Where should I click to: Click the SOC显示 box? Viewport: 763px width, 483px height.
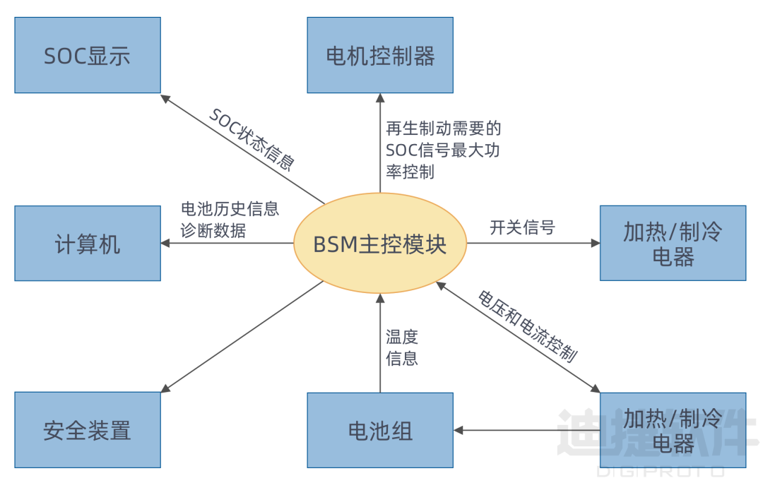click(x=88, y=56)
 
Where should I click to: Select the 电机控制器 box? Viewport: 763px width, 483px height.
click(x=380, y=56)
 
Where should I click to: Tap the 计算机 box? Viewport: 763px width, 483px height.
click(x=88, y=244)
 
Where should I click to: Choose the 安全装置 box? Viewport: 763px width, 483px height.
click(x=88, y=430)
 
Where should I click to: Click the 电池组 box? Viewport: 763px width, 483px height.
click(x=380, y=430)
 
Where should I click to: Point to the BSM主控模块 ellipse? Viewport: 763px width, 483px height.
click(x=380, y=244)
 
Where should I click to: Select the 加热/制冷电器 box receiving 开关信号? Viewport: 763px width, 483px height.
click(x=673, y=244)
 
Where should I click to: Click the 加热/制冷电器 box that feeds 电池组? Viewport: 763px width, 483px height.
click(x=673, y=430)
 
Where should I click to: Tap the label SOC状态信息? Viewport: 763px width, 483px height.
click(x=252, y=140)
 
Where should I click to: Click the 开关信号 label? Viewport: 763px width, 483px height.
click(x=522, y=227)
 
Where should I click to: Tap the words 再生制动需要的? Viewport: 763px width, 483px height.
click(x=443, y=129)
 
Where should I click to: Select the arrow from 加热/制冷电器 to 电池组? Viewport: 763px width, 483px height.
click(x=526, y=430)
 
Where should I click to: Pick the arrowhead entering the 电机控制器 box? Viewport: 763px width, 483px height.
click(x=380, y=98)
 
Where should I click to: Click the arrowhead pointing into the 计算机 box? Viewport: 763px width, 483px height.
click(x=166, y=244)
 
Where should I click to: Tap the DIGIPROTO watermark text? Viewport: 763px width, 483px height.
click(x=661, y=470)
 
